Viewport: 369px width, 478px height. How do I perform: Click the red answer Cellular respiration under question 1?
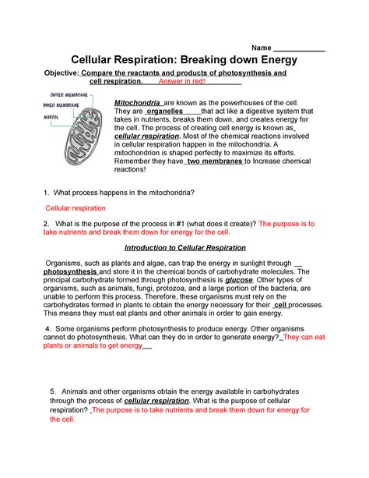pos(76,209)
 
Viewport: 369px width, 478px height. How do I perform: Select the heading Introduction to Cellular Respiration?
pos(184,247)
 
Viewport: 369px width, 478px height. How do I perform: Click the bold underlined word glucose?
pos(240,281)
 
